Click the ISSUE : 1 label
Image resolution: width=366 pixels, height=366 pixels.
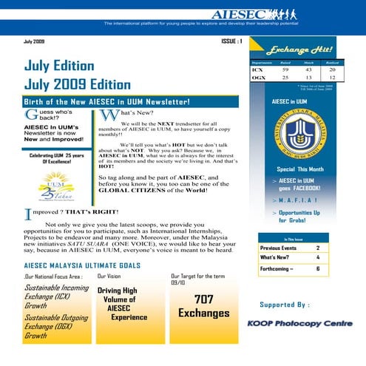231,41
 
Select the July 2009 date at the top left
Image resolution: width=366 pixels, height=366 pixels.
35,42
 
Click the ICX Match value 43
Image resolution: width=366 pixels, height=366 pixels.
309,70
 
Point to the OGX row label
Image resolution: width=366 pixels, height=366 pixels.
257,77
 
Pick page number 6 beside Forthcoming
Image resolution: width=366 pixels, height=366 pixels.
317,269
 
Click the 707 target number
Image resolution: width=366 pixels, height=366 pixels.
203,299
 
